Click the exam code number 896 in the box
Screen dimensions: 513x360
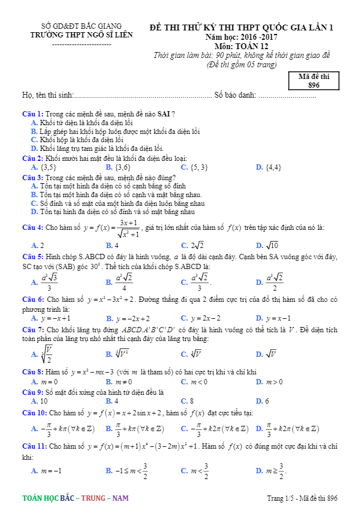point(314,85)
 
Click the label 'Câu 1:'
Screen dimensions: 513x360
point(33,113)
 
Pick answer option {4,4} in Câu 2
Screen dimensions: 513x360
point(274,167)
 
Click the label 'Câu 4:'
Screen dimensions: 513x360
point(33,228)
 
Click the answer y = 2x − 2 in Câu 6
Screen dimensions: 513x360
point(205,319)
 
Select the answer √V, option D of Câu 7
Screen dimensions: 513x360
point(272,354)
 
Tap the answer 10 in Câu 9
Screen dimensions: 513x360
point(44,401)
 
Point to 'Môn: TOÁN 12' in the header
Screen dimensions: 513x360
point(241,46)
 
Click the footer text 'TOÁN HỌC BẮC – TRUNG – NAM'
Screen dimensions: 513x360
point(75,498)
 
